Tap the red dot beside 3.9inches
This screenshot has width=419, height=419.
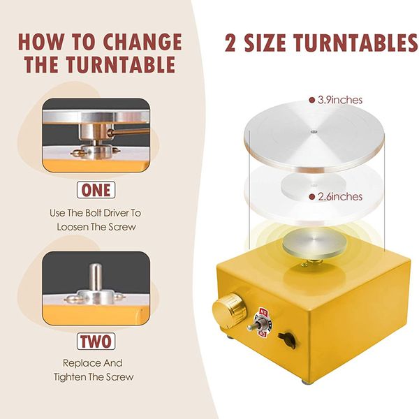pos(311,100)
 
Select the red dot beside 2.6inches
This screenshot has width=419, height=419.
pos(311,197)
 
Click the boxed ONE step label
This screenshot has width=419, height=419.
pos(96,190)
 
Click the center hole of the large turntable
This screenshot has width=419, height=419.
pos(314,130)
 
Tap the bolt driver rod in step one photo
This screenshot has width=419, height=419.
pos(129,131)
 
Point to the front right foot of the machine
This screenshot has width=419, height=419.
pos(305,381)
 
